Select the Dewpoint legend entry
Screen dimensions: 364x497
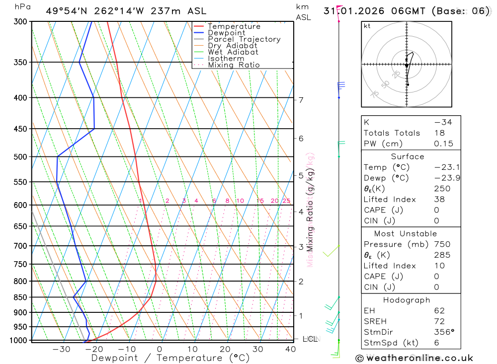(226, 33)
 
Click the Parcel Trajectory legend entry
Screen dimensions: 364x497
(244, 39)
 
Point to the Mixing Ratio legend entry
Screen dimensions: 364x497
(234, 65)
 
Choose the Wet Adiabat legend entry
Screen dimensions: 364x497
(233, 52)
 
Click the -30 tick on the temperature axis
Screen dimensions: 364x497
(61, 349)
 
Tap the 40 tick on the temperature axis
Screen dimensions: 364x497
(290, 349)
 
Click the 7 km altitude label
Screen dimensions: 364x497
(301, 100)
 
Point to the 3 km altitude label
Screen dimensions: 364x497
(301, 247)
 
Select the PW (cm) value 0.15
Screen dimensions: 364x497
(443, 144)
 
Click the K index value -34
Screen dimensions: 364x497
(443, 122)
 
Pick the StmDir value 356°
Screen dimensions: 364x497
(443, 332)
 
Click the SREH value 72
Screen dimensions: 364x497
(439, 321)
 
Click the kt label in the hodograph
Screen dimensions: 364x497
(367, 26)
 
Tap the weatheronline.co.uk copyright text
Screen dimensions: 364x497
(414, 358)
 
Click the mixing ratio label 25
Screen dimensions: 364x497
(286, 201)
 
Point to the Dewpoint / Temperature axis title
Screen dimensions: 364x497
(170, 358)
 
